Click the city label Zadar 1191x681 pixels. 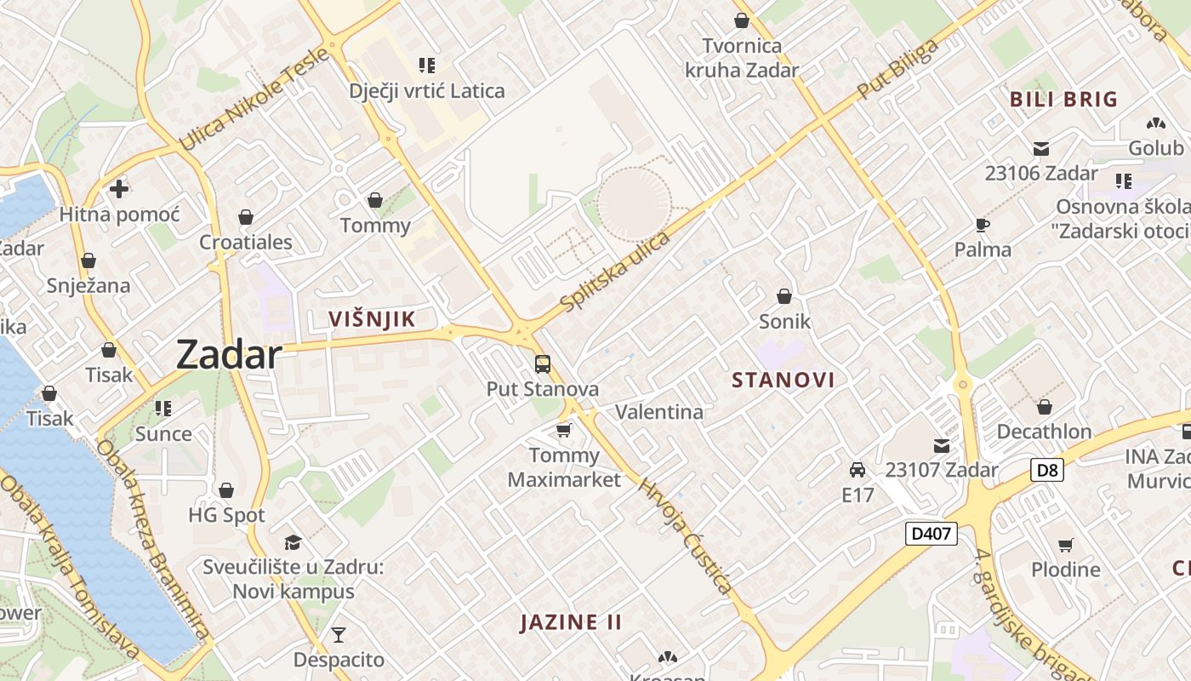[x=228, y=354]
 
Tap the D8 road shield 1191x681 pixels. [x=1048, y=469]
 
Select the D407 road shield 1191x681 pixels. [x=931, y=534]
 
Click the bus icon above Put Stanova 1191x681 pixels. [x=543, y=364]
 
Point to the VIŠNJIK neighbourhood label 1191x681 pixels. [x=372, y=319]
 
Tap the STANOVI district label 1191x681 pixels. [x=783, y=380]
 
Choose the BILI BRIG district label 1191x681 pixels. [x=1063, y=100]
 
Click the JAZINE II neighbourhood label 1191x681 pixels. [x=571, y=621]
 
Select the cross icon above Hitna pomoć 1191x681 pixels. [x=119, y=188]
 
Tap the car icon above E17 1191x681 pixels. [x=858, y=470]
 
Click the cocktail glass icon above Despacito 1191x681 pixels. [x=339, y=634]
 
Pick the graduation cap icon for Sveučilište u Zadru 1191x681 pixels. [x=293, y=542]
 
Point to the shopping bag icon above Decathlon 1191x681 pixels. [x=1044, y=407]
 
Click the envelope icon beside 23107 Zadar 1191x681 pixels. [x=942, y=445]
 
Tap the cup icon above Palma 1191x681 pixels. [x=983, y=225]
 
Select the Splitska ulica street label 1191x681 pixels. [x=615, y=270]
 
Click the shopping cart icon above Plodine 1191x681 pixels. [x=1065, y=545]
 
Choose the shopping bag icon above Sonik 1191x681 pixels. [x=784, y=296]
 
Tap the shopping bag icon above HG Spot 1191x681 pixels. [x=226, y=490]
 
